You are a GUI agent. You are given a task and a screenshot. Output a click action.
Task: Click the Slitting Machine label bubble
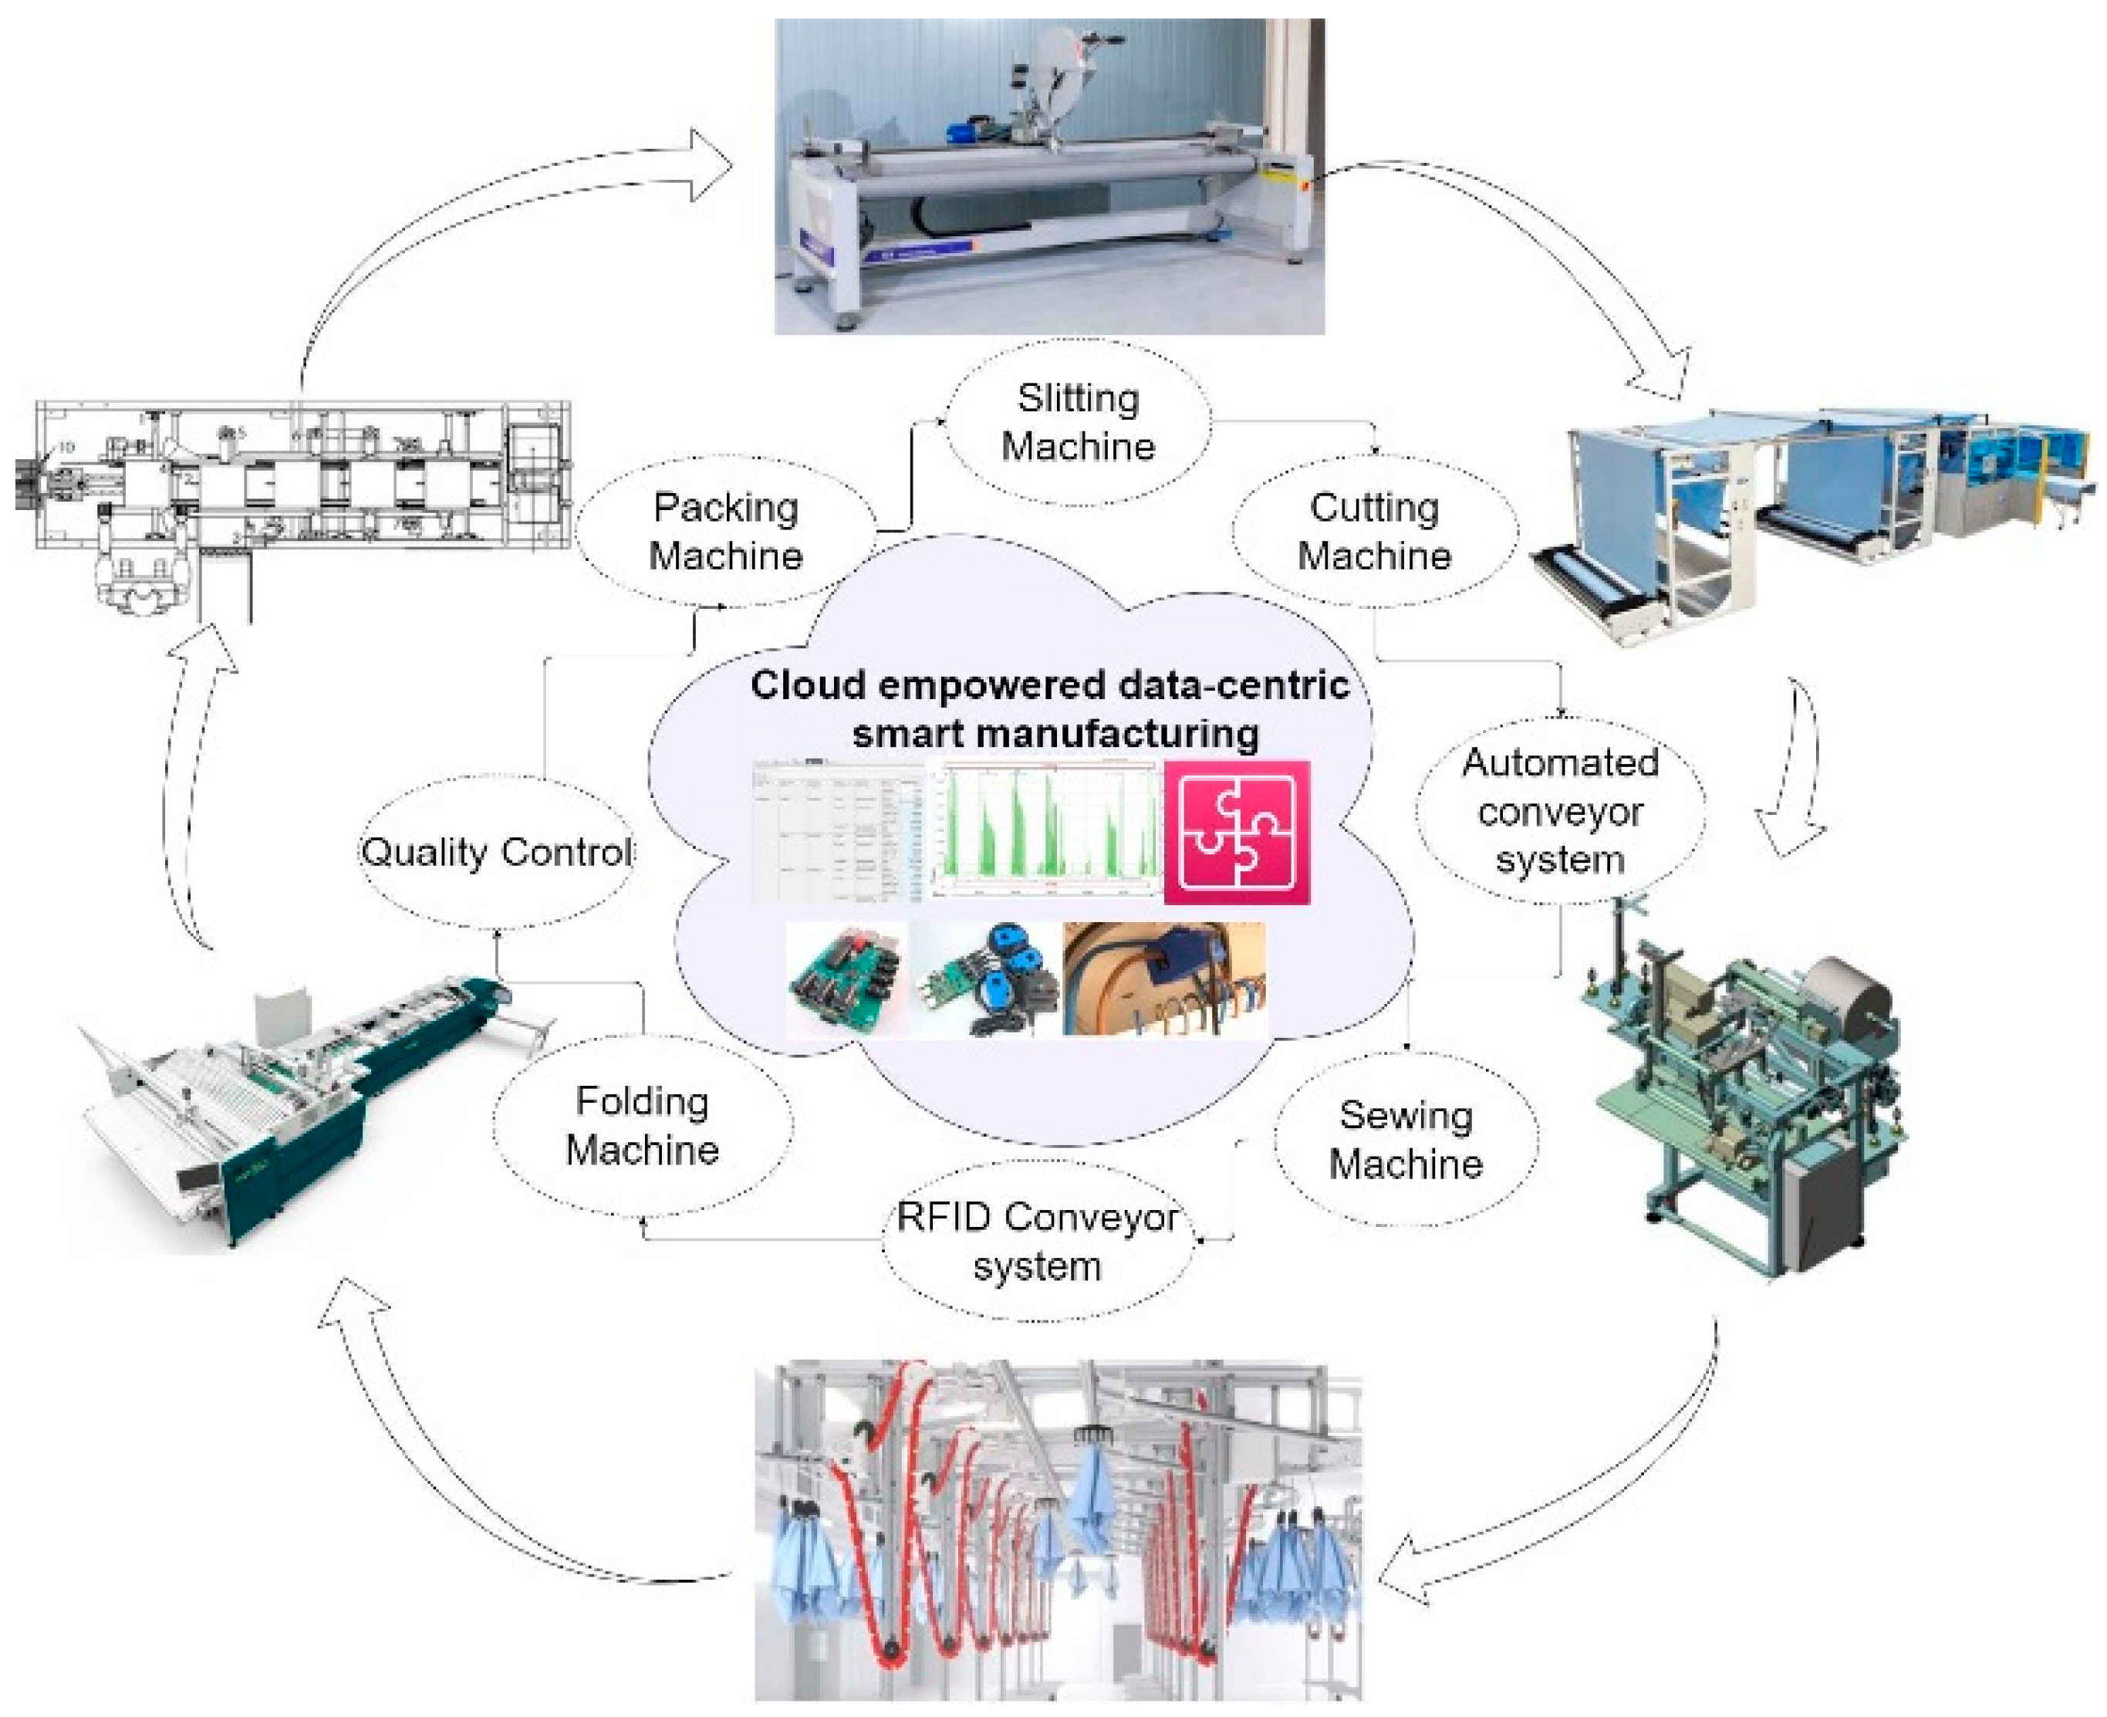[x=1078, y=422]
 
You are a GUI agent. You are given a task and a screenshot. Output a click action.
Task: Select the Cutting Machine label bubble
[x=1373, y=531]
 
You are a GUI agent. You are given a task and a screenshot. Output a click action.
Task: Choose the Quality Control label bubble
[x=496, y=852]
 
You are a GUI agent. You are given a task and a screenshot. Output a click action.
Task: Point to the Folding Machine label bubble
[x=642, y=1126]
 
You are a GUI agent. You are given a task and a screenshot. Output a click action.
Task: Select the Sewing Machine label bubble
[x=1405, y=1139]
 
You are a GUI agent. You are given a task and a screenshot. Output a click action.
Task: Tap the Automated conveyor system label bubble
[x=1559, y=810]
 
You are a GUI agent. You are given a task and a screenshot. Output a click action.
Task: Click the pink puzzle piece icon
[x=1236, y=832]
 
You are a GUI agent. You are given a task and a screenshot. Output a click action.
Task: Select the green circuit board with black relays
[x=846, y=980]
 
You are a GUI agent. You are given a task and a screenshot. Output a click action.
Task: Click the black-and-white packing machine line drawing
[x=296, y=495]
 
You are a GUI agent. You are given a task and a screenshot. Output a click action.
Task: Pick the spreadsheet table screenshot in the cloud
[x=836, y=832]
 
